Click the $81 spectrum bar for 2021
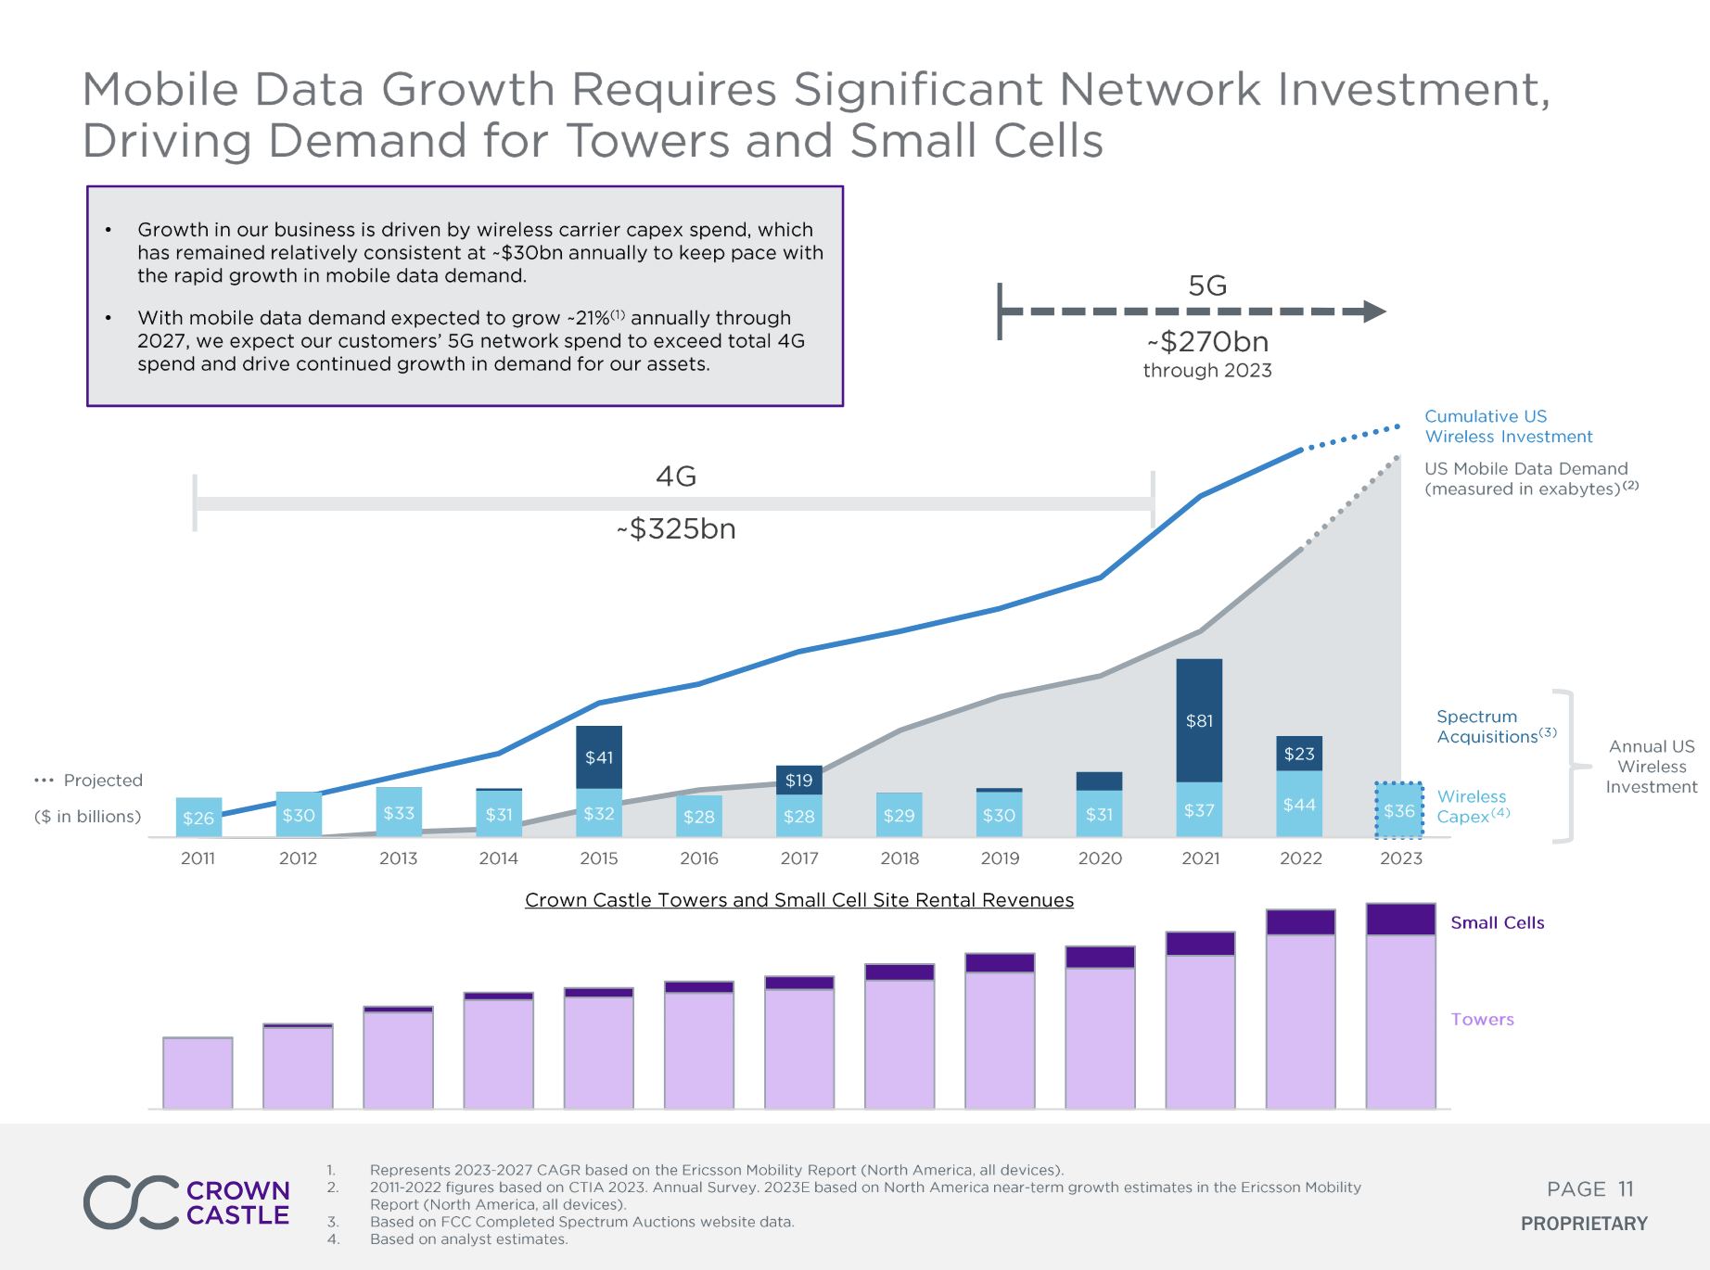coord(1199,720)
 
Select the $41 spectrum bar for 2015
coord(599,756)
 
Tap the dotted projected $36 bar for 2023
coord(1399,810)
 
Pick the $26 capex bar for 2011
coord(198,817)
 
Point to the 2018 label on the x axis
coord(900,858)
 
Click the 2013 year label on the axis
coord(399,858)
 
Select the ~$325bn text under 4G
coord(676,529)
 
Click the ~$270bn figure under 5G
coord(1207,342)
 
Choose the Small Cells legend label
coord(1497,922)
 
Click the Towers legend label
coord(1482,1019)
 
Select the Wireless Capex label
coord(1472,806)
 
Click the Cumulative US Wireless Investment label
coord(1508,426)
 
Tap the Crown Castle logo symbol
coord(131,1202)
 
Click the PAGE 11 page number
coord(1589,1189)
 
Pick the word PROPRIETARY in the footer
coord(1584,1224)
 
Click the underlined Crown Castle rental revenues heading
coord(799,900)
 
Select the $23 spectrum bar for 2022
coord(1299,754)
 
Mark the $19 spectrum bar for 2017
coord(799,780)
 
